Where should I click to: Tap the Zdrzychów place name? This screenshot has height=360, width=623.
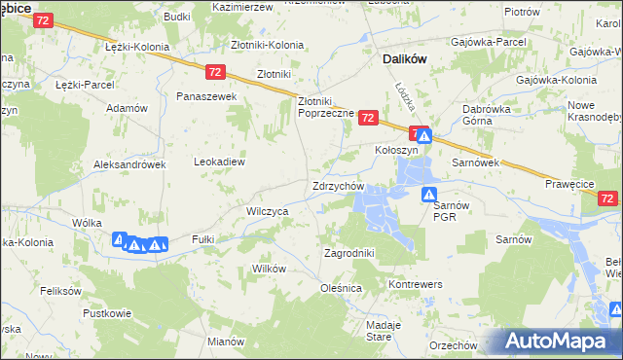(338, 186)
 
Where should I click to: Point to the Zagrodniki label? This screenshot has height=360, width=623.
(348, 253)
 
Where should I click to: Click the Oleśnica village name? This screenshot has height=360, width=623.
(341, 288)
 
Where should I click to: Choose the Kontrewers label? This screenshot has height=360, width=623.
(416, 283)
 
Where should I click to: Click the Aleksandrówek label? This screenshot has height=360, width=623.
(130, 165)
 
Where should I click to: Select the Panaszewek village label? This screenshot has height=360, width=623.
(206, 97)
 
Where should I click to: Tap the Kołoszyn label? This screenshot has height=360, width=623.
(396, 151)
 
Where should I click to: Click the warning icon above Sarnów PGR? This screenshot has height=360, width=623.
(429, 195)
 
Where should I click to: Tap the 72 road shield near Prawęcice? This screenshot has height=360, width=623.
(607, 198)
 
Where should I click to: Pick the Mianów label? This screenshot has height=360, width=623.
(225, 342)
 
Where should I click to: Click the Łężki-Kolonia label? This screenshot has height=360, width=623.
(137, 47)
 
